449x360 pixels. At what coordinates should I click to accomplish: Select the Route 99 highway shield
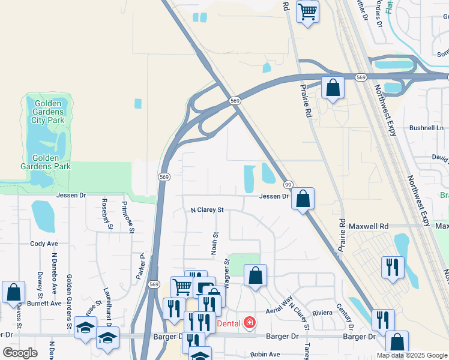tap(289, 185)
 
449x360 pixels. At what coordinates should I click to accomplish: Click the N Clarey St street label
tap(207, 210)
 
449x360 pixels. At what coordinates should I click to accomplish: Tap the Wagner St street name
tap(227, 270)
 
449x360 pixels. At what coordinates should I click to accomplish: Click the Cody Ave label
tap(44, 244)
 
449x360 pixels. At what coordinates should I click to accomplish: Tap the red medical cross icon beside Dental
tap(249, 323)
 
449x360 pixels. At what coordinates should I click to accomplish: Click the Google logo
tap(20, 352)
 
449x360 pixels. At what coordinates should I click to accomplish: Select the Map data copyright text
tap(412, 355)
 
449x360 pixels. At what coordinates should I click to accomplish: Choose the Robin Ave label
tap(265, 355)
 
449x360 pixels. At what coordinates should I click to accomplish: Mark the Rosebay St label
tap(106, 214)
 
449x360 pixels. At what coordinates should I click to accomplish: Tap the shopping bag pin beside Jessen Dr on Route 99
tap(304, 199)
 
